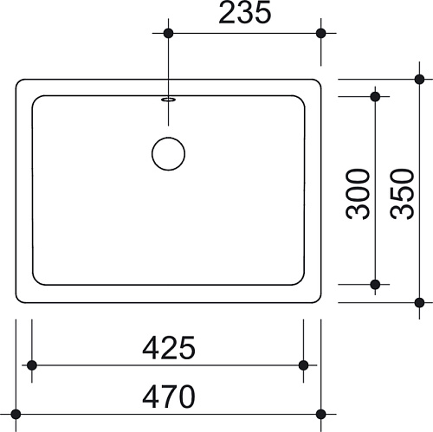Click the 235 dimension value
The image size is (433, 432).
pos(245,12)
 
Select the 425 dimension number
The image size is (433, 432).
pos(169,347)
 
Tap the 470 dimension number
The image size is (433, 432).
pos(169,397)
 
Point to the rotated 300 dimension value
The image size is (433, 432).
pos(358,194)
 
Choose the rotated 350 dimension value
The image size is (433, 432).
pos(402,194)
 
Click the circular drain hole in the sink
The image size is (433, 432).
pos(168,154)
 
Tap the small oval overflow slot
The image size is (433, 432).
pos(169,100)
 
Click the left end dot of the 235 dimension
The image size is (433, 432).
pos(168,33)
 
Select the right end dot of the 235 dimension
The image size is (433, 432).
pos(321,33)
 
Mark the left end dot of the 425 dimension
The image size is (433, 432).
pos(32,365)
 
